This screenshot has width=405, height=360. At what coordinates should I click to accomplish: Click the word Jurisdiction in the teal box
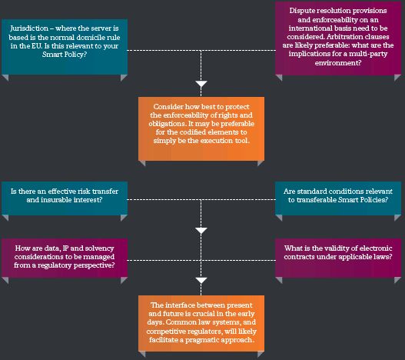[29, 28]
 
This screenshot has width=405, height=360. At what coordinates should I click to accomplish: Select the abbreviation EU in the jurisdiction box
[37, 46]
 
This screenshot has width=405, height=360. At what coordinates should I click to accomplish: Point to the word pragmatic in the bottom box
[201, 340]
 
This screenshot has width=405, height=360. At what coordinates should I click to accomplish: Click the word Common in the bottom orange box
[181, 322]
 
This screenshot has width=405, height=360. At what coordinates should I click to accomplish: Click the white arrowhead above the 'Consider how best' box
[201, 84]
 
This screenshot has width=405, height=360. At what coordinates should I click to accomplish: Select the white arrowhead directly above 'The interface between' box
[201, 280]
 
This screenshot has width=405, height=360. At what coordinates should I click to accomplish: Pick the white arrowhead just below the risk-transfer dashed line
[201, 231]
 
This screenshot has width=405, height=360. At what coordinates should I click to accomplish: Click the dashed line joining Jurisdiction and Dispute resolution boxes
[201, 50]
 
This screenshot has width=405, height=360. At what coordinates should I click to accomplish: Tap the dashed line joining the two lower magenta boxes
[201, 260]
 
